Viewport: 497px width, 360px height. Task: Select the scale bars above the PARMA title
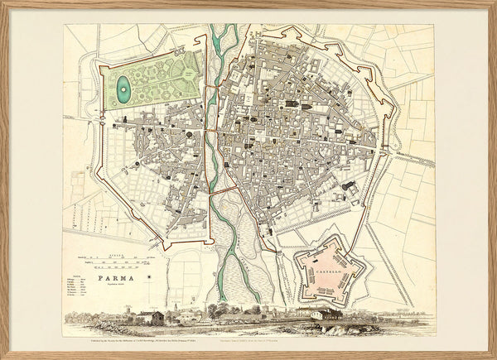(124, 262)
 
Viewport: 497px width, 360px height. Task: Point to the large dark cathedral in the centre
(295, 105)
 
